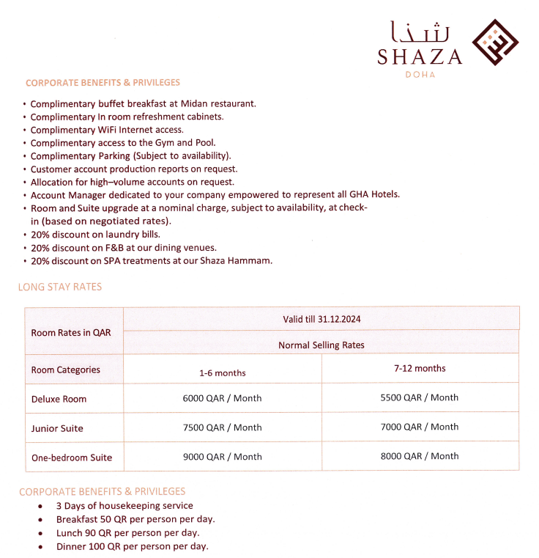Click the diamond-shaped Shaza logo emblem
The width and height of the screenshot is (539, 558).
pyautogui.click(x=494, y=42)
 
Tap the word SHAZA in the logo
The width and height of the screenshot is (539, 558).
pyautogui.click(x=420, y=57)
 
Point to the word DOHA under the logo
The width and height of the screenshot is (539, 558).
pyautogui.click(x=420, y=75)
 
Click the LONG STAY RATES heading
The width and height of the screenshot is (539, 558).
pyautogui.click(x=60, y=287)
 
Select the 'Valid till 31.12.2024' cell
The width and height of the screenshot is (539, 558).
pyautogui.click(x=321, y=319)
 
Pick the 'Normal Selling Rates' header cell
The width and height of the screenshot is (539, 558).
pyautogui.click(x=321, y=345)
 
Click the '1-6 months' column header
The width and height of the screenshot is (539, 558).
pyautogui.click(x=223, y=372)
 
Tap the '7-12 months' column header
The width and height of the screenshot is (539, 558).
pyautogui.click(x=420, y=368)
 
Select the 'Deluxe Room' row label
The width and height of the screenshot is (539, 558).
pyautogui.click(x=59, y=399)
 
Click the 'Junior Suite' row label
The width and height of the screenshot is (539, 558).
pyautogui.click(x=57, y=428)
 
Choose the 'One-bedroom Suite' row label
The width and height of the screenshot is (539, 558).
pyautogui.click(x=72, y=458)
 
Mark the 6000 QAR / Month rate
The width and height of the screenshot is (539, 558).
pyautogui.click(x=223, y=398)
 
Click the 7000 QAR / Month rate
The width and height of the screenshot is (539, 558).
pyautogui.click(x=420, y=427)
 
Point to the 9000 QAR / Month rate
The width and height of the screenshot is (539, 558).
pyautogui.click(x=223, y=456)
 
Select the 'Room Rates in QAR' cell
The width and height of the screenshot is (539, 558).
pyautogui.click(x=71, y=332)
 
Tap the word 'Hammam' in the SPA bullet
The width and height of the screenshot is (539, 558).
pyautogui.click(x=253, y=261)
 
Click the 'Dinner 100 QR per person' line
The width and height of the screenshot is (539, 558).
pyautogui.click(x=132, y=546)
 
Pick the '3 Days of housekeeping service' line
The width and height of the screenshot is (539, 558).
pyautogui.click(x=124, y=505)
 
